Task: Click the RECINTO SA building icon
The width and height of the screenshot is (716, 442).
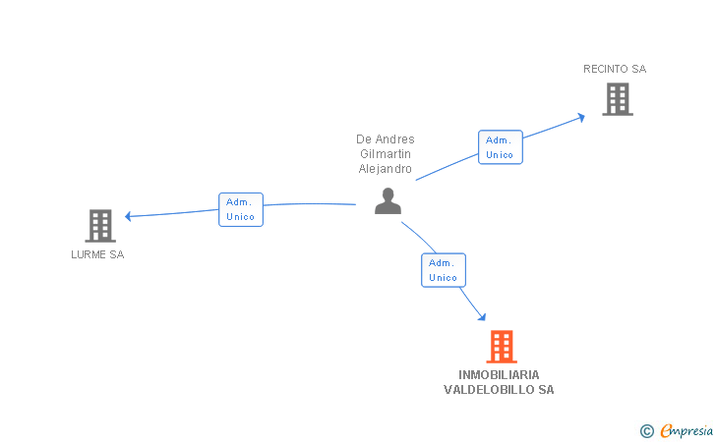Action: point(617,98)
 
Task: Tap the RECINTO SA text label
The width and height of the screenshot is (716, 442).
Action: point(615,69)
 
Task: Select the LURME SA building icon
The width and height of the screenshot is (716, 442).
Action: point(99,226)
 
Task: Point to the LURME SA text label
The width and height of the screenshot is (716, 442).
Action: point(97,255)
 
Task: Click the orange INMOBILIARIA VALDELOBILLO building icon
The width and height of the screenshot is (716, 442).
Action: point(501,347)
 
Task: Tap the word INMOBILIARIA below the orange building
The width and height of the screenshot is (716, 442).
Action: point(499,375)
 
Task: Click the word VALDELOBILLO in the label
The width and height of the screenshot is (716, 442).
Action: point(490,390)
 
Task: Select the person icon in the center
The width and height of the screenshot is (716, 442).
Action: point(388,201)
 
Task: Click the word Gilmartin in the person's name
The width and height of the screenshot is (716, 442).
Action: point(385,154)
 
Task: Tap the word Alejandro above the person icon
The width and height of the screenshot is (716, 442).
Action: point(385,169)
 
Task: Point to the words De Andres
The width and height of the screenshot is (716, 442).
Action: point(385,139)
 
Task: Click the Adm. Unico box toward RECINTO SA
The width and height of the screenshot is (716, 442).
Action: point(500,147)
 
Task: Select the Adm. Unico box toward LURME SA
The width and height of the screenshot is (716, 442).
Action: point(240,209)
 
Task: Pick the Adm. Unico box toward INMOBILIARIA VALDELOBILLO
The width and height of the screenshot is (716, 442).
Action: point(443,270)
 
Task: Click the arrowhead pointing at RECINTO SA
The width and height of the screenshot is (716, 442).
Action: point(581,116)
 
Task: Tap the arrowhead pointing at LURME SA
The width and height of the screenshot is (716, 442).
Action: point(129,216)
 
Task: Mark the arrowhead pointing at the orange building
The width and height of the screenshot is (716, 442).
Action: point(481,316)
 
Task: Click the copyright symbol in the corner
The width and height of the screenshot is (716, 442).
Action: point(646,430)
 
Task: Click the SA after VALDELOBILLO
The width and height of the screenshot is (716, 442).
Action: point(546,390)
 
